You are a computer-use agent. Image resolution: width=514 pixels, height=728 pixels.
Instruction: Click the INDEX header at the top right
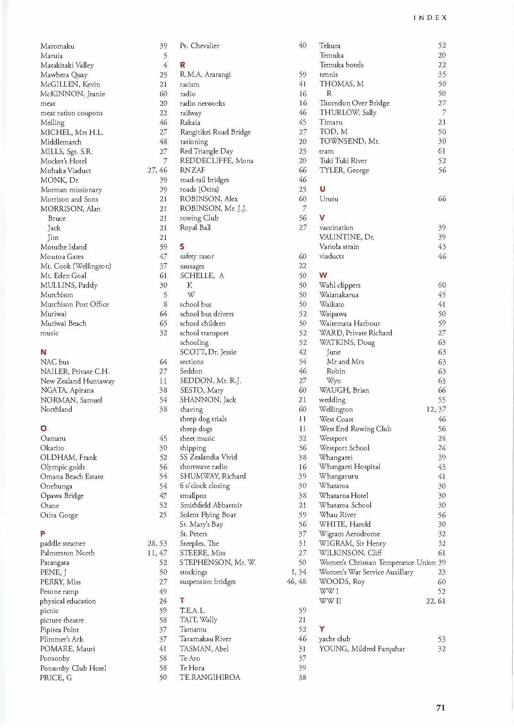pos(430,18)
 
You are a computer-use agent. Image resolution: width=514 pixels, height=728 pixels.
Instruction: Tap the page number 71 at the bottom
pos(441,708)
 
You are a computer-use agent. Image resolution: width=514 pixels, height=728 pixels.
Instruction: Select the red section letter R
pos(182,65)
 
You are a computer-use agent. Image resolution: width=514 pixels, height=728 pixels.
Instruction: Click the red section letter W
pos(323,275)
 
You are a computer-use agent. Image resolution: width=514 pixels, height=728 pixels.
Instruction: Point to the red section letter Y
pos(322,629)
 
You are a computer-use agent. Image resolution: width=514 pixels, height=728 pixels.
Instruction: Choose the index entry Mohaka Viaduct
pos(65,171)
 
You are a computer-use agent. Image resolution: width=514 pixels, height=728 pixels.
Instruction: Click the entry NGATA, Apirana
pos(67,390)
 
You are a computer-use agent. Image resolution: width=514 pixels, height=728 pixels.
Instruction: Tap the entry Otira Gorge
pos(59,515)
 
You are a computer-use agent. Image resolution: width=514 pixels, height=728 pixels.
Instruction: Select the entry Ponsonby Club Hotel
pos(73,668)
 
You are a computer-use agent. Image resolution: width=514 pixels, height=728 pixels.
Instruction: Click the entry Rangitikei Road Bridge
pos(215,132)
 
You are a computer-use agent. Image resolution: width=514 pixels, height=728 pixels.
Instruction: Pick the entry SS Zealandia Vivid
pos(208,457)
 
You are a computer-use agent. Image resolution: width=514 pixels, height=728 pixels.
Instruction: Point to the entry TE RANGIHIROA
pos(210,677)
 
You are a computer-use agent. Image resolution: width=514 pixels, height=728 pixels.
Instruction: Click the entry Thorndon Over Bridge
pos(354,103)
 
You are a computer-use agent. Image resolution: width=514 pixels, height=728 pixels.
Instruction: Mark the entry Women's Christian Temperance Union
pos(377,562)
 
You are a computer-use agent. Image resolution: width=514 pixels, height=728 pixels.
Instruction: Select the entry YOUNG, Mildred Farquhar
pos(362,649)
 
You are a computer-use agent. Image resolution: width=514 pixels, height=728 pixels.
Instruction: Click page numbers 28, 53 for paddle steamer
pos(157,543)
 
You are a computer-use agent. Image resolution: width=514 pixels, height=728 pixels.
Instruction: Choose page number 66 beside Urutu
pos(442,199)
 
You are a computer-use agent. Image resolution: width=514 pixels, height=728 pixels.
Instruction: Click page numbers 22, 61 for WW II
pos(436,601)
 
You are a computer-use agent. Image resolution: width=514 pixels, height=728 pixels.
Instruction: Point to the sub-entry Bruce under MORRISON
pos(57,218)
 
